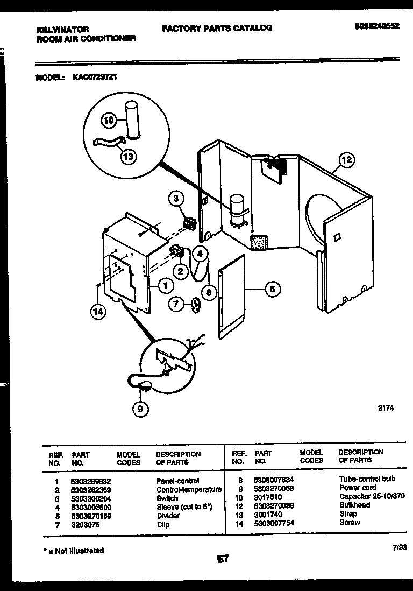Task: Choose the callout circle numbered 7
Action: (175, 305)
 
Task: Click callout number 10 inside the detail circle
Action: (109, 121)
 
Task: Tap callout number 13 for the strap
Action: (128, 157)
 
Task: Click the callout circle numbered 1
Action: (166, 286)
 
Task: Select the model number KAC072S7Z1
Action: (95, 77)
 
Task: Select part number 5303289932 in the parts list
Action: (90, 481)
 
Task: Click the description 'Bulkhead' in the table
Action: (354, 505)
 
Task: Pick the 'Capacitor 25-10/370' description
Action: (372, 497)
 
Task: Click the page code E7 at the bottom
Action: (223, 559)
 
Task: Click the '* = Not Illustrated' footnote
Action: (73, 551)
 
